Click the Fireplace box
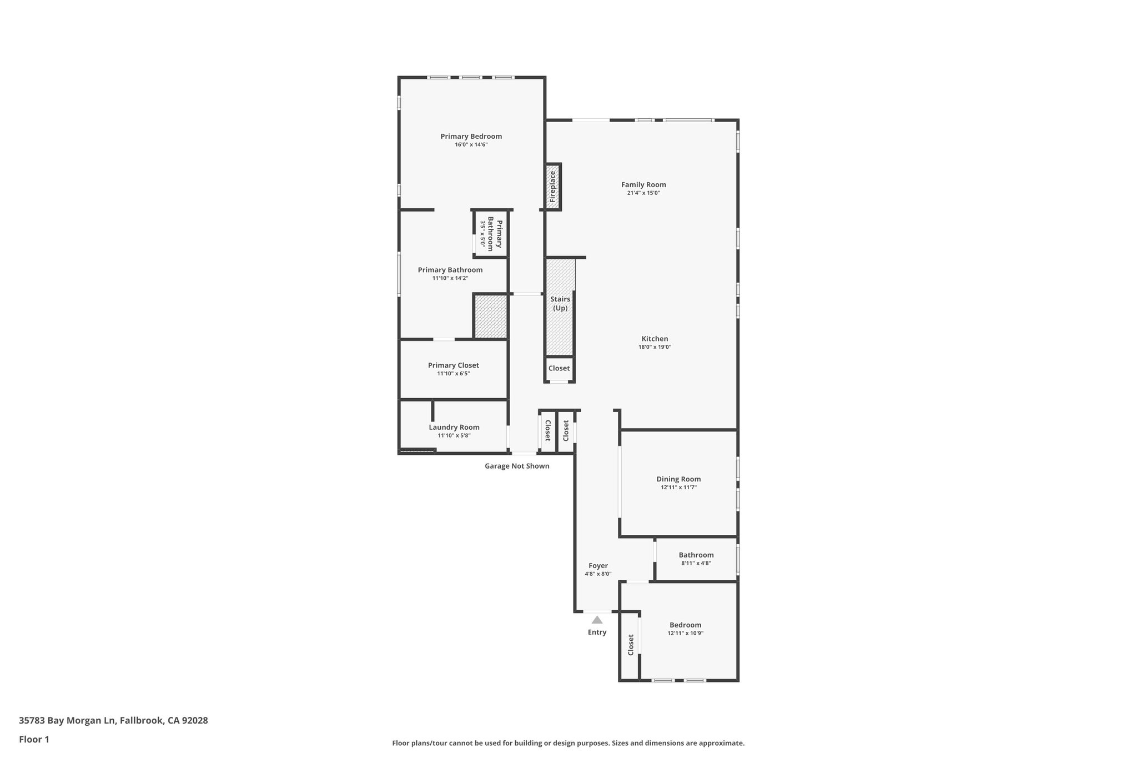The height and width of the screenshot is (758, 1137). (552, 187)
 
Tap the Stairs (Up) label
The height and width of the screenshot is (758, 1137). (560, 303)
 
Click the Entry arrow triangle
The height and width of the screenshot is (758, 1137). (597, 620)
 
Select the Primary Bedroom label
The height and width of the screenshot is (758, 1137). (471, 136)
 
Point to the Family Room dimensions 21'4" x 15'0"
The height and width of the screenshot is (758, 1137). (643, 193)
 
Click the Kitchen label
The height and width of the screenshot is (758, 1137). (655, 339)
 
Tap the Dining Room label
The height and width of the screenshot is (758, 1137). (678, 479)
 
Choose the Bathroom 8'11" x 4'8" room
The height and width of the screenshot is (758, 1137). (696, 559)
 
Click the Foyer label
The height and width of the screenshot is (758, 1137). (598, 566)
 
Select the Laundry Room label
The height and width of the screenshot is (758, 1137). (454, 427)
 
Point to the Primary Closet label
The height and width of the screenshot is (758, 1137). (453, 365)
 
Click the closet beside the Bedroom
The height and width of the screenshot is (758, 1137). (630, 645)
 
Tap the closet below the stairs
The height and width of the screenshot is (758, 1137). (559, 368)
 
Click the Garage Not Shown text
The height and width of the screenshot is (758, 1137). (517, 466)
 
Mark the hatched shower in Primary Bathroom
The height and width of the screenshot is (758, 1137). (490, 317)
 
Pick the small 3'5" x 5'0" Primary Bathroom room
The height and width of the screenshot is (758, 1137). (490, 234)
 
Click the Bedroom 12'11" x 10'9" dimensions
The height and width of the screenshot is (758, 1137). (685, 633)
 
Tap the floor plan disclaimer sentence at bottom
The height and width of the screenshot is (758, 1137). (568, 743)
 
